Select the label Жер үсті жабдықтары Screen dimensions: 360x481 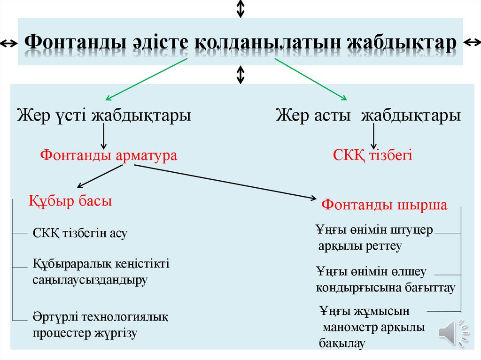point(104,115)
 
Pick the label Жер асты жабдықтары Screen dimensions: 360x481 point(368,115)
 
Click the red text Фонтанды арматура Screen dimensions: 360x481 point(109,155)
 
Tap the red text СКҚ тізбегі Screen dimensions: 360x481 point(372,155)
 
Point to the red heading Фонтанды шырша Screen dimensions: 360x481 point(384,205)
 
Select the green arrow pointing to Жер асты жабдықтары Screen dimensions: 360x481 point(310,79)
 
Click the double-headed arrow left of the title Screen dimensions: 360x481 point(9,44)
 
